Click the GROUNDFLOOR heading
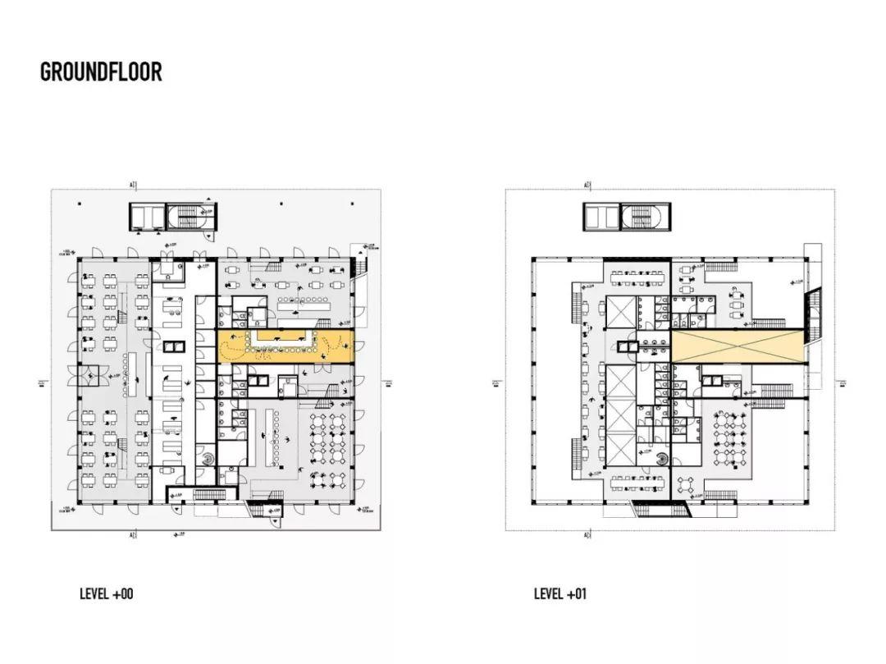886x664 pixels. click(101, 71)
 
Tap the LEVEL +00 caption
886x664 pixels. click(106, 593)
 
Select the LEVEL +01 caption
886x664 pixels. click(560, 593)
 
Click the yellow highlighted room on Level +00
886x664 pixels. click(285, 347)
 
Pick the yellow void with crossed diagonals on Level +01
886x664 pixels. click(738, 346)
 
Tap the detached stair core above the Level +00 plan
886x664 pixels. click(176, 216)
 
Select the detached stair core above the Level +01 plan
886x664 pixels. click(629, 216)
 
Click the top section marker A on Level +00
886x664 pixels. click(132, 185)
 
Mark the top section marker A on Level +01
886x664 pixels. click(587, 185)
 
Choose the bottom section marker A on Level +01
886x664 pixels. click(587, 535)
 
